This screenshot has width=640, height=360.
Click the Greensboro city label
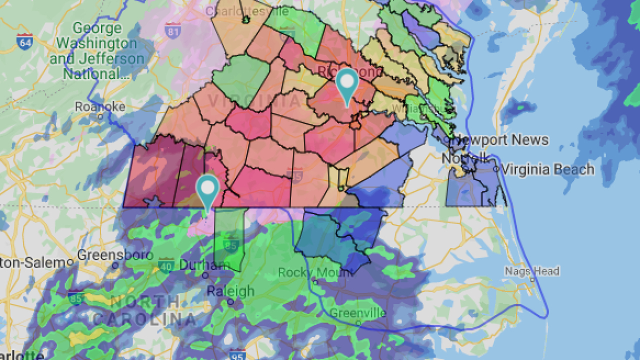(x=115, y=254)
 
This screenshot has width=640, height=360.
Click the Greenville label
(x=357, y=313)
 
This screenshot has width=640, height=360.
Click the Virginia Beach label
(x=547, y=169)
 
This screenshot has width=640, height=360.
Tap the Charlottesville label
(x=247, y=11)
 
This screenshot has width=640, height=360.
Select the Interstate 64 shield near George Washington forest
(x=25, y=41)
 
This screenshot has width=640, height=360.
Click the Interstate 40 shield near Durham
(x=166, y=265)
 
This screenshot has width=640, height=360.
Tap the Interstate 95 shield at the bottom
(x=238, y=354)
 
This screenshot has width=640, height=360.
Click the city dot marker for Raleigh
(x=230, y=302)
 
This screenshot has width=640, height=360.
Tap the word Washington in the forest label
(x=96, y=43)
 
